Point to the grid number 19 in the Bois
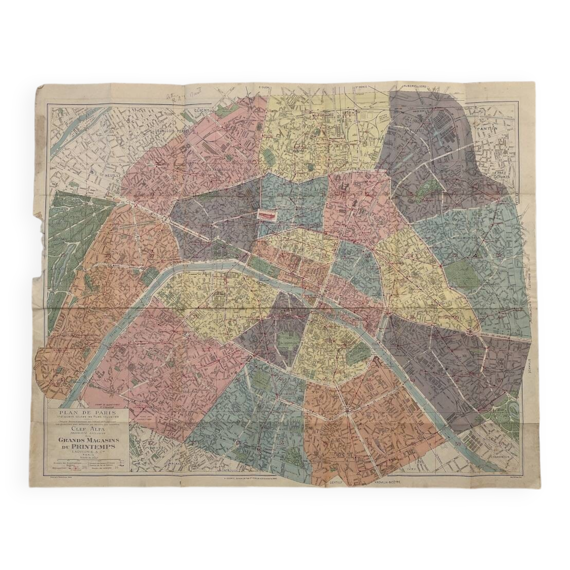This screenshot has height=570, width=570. pos(63,255)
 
